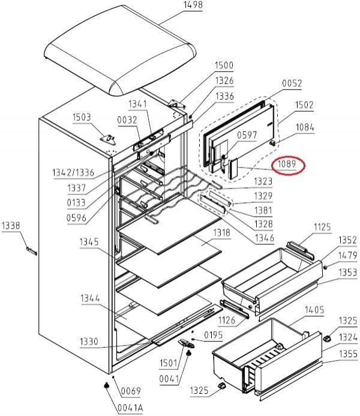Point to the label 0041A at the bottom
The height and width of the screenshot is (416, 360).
[130, 407]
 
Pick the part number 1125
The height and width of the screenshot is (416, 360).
[322, 226]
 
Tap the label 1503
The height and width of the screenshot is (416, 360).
[82, 117]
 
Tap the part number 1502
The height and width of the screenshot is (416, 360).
[304, 104]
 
